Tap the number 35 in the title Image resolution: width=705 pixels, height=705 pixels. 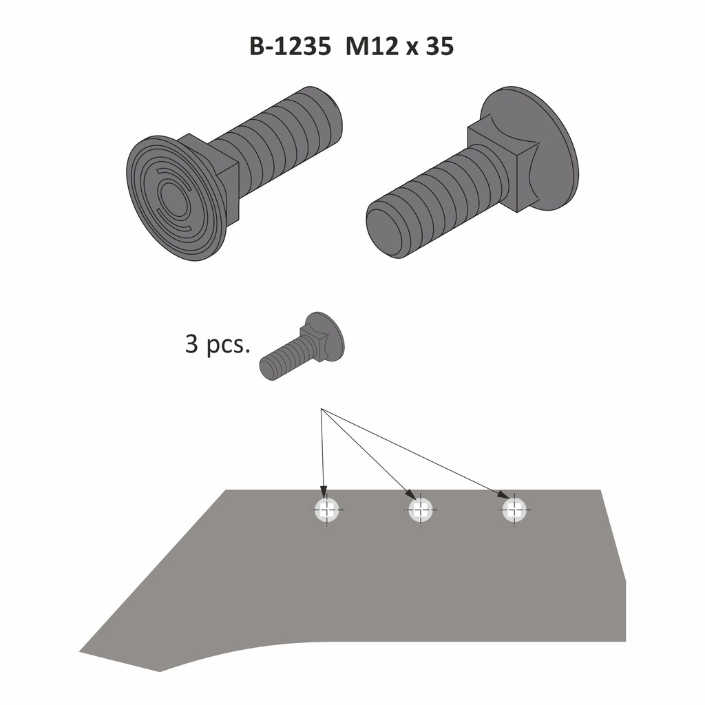pos(439,47)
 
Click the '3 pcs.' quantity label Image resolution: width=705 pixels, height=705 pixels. pos(217,344)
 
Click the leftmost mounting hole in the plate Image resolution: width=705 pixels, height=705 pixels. pos(327,510)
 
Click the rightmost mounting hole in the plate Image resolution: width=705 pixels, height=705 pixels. pos(514,510)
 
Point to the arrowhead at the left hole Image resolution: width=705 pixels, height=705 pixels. pos(324,491)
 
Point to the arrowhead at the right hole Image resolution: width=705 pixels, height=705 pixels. pos(505,495)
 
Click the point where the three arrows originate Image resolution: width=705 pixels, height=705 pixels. pos(322,410)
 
